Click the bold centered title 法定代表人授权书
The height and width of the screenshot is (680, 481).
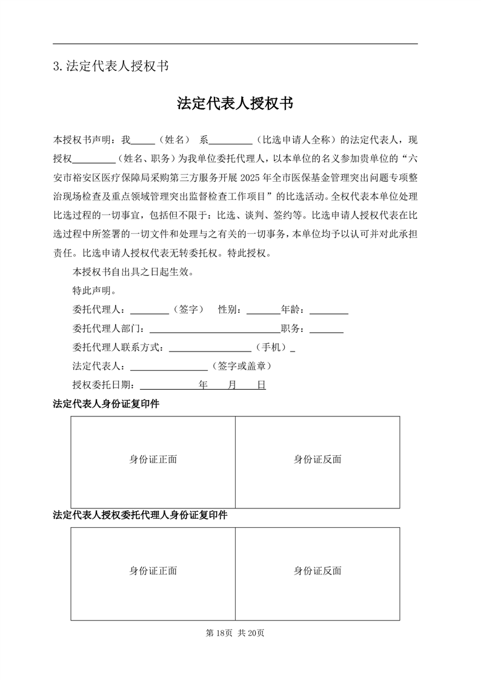point(235,104)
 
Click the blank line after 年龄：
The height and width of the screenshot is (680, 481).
point(328,311)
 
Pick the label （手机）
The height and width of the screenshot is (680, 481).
point(271,348)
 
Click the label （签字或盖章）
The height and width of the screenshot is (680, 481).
point(240,367)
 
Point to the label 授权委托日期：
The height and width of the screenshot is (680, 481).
point(105,385)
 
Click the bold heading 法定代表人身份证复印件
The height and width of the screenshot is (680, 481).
point(106,404)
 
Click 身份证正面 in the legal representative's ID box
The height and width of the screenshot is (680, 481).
point(153,459)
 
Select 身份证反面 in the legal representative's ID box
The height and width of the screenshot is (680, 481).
point(317,459)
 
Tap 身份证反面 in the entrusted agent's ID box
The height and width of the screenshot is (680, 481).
point(317,571)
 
